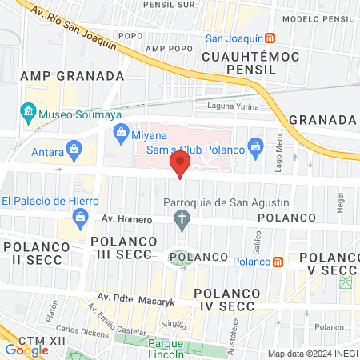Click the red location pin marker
click(x=181, y=166)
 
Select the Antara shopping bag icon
click(x=74, y=148)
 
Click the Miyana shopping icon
click(x=122, y=134)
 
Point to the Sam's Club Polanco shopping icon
click(x=255, y=146)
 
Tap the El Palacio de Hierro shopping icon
click(x=80, y=215)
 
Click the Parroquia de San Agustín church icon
click(x=182, y=218)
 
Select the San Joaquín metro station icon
click(x=271, y=38)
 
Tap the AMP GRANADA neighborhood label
click(x=72, y=76)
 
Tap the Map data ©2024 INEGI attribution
click(x=311, y=354)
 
